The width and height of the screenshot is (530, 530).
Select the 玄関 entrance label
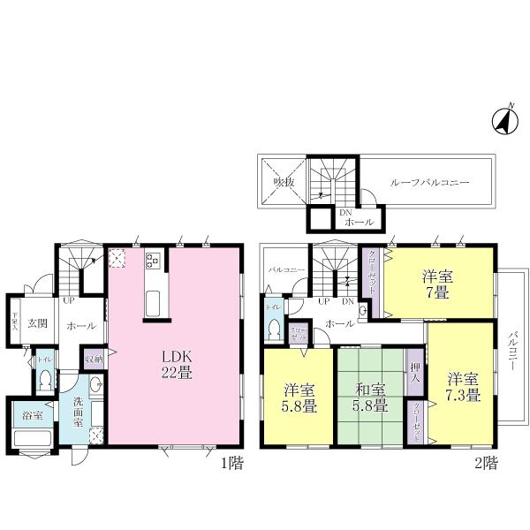pyautogui.click(x=36, y=324)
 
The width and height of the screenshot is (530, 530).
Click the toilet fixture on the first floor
pyautogui.click(x=44, y=381)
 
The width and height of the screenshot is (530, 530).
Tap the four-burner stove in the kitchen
pyautogui.click(x=151, y=261)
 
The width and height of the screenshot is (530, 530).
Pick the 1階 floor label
pyautogui.click(x=232, y=462)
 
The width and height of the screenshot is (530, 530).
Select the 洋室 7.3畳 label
pyautogui.click(x=461, y=386)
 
